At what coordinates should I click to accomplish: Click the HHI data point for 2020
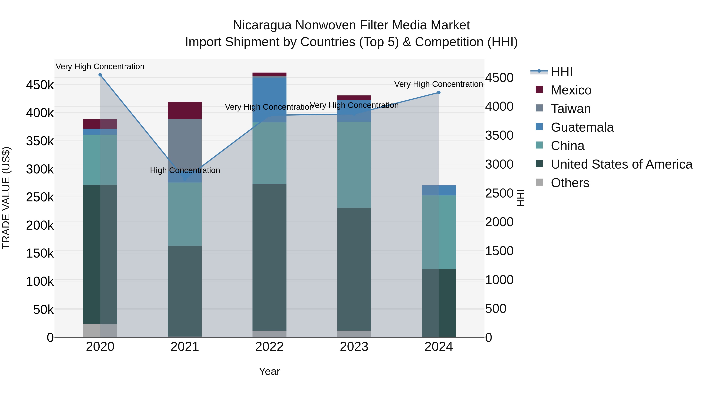100,75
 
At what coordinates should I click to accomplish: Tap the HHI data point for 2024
439,93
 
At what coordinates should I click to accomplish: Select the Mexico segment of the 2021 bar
185,110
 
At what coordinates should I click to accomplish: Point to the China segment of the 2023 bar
354,165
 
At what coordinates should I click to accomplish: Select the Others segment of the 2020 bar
100,330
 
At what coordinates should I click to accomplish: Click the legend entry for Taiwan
571,109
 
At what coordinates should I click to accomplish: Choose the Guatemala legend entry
582,127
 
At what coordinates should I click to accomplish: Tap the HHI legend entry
562,72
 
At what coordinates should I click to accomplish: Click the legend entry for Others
570,183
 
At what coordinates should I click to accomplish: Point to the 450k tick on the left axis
40,85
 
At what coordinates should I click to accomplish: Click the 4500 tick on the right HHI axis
499,78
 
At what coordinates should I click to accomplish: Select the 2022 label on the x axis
269,347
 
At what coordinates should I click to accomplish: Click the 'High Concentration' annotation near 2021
185,170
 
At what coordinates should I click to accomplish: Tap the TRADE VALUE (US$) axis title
6,198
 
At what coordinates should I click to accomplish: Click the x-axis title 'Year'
269,371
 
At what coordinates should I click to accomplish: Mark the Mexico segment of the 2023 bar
354,98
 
